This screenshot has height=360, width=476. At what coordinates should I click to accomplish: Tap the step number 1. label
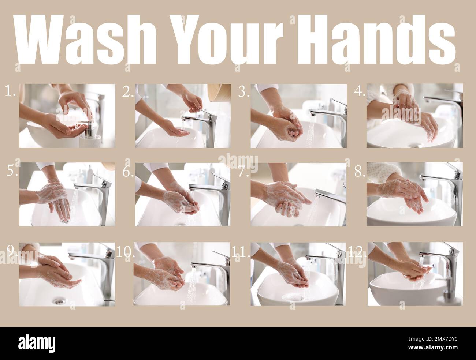10,92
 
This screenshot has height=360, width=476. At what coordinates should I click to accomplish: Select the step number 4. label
360,92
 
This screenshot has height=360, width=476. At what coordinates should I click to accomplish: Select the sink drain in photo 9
57,301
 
